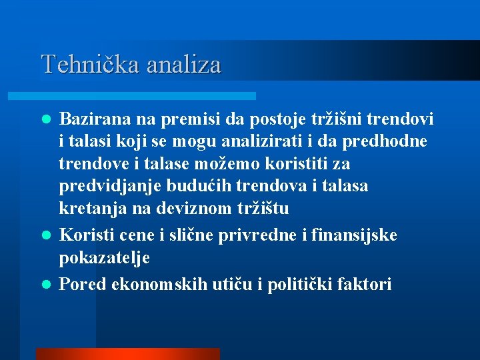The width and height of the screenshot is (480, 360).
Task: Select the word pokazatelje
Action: [104, 258]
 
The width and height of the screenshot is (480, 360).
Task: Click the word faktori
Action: [364, 285]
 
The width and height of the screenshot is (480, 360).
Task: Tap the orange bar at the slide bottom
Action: [127, 354]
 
